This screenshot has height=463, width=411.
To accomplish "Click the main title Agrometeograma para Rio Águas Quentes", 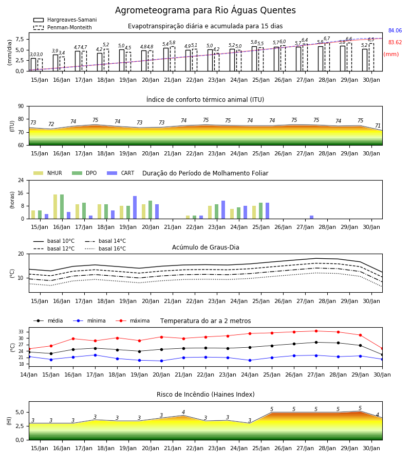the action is tap(205, 10).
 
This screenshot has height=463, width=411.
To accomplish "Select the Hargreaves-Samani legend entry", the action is tap(65, 20).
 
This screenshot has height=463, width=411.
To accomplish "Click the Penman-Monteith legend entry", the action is tap(63, 27).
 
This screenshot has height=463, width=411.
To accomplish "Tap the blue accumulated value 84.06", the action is tap(395, 30).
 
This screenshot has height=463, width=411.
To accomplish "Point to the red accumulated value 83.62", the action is tap(395, 42).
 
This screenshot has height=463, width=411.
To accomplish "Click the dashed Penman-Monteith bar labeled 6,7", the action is tap(327, 57).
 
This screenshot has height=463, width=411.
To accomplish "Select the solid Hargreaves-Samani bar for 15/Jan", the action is tap(33, 65).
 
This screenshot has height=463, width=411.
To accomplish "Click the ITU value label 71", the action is tap(378, 126).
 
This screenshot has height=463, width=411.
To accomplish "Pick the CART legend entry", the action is tap(120, 173).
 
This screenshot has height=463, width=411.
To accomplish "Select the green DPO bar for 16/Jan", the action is tap(62, 207).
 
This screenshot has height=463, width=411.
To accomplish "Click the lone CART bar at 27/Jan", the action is tap(312, 217).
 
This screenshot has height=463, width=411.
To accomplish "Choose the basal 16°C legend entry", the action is tap(105, 248).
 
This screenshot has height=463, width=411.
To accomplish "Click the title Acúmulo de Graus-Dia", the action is tap(206, 247).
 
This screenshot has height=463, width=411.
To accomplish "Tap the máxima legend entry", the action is tap(133, 320).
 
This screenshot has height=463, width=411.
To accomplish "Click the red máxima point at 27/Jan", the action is tap(316, 331).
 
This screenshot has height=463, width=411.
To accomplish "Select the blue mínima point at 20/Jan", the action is tap(161, 361).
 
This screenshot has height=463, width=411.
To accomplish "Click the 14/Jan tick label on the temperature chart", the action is tap(29, 375).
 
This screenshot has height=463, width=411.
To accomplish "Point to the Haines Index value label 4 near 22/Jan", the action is tap(183, 412).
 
